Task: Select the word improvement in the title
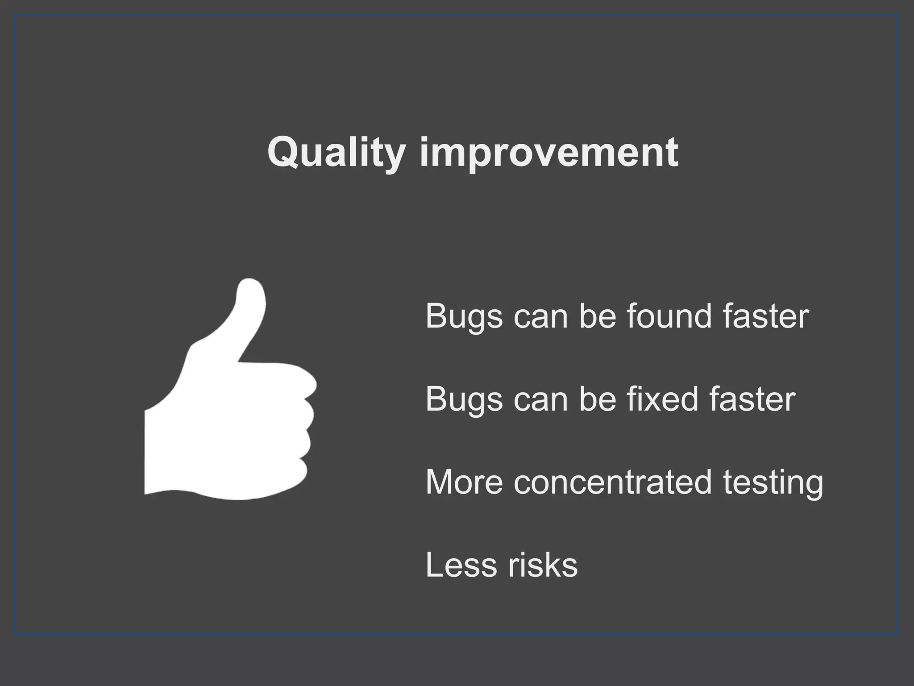click(x=549, y=153)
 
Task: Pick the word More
click(x=464, y=482)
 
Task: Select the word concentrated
click(x=612, y=482)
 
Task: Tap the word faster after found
click(x=766, y=316)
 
